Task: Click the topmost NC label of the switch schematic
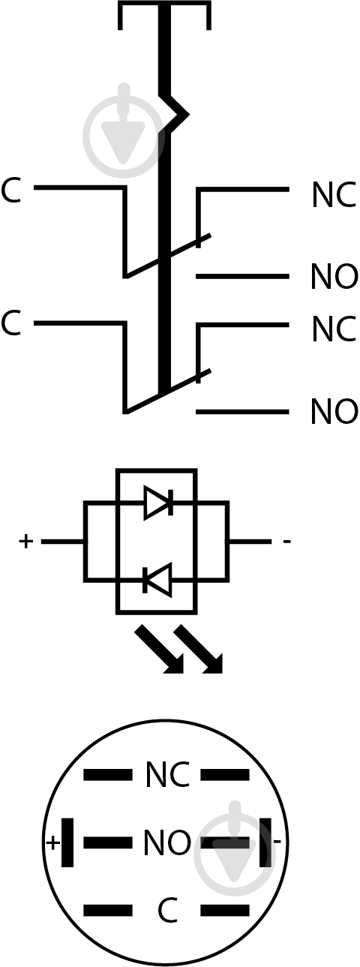[x=334, y=195]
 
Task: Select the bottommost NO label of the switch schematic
[x=334, y=411]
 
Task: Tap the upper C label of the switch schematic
[x=10, y=190]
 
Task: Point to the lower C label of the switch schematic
[x=10, y=323]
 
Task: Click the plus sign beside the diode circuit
[x=26, y=541]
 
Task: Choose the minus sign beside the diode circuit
[x=286, y=542]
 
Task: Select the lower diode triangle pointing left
[x=157, y=580]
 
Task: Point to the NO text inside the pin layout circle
[x=167, y=842]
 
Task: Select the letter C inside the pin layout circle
[x=167, y=911]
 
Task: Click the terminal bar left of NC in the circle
[x=108, y=775]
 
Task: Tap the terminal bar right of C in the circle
[x=225, y=911]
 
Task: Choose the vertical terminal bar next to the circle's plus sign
[x=67, y=842]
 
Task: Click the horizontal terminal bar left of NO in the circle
[x=108, y=842]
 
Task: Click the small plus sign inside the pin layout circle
[x=52, y=842]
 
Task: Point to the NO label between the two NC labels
[x=334, y=277]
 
